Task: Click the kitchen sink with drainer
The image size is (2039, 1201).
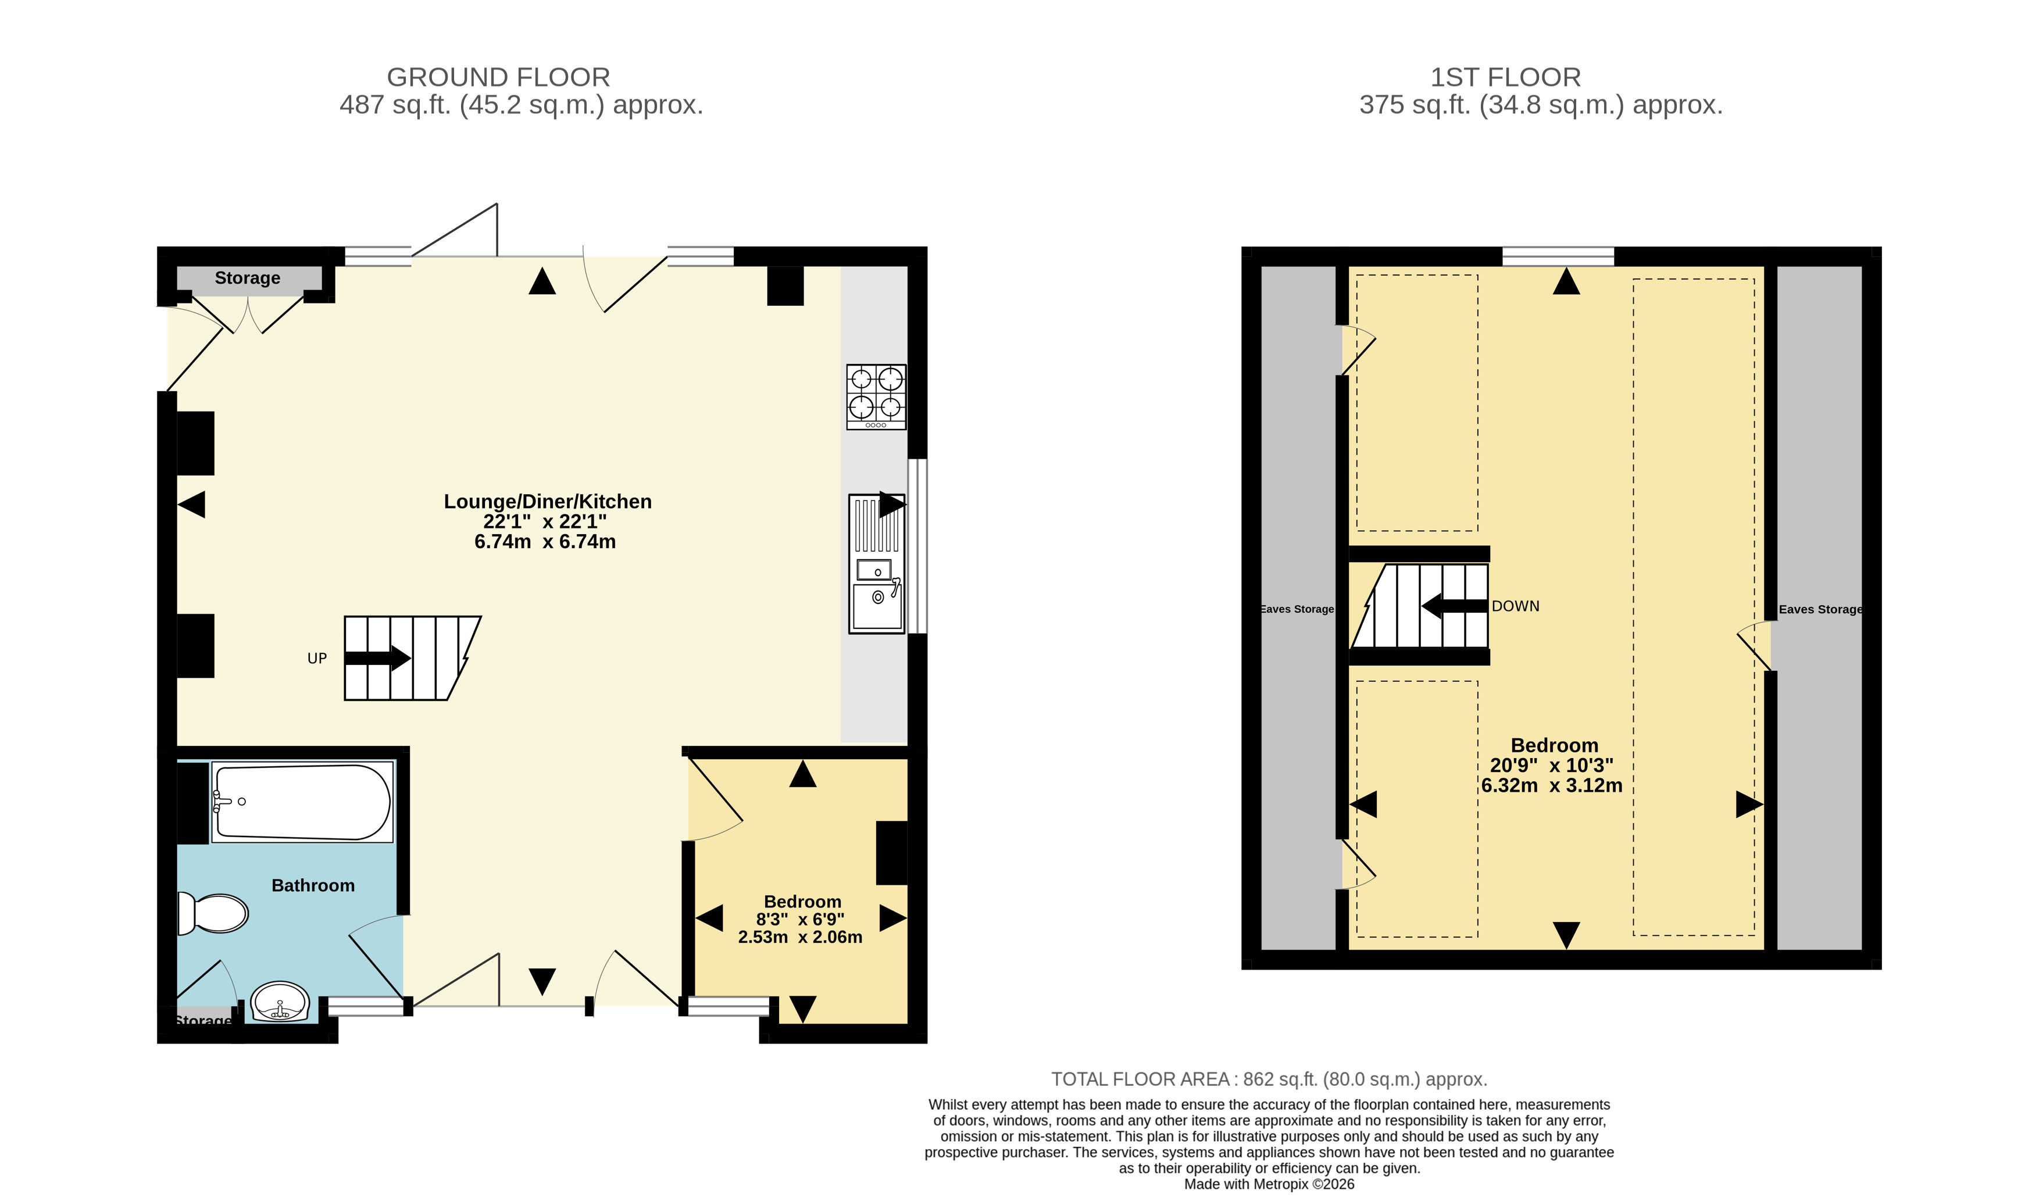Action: [877, 563]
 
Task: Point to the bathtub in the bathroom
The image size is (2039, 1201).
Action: [302, 802]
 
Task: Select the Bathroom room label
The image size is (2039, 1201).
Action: [313, 885]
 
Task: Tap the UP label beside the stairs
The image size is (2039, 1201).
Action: [317, 659]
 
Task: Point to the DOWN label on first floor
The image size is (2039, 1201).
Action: [1515, 606]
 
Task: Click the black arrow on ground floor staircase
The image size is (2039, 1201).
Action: [378, 658]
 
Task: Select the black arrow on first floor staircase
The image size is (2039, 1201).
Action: [1455, 606]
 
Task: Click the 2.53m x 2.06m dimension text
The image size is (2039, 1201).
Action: [800, 937]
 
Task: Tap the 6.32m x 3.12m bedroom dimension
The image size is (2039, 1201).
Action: [1552, 785]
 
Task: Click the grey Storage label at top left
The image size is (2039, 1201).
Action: [248, 278]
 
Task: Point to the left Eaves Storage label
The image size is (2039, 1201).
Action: [1297, 609]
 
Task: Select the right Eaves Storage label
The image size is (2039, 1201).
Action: [1820, 609]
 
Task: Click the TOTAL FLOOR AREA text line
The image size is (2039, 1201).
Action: [1269, 1079]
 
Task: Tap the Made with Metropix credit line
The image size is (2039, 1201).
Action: [1269, 1184]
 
